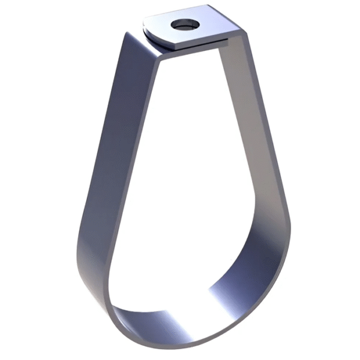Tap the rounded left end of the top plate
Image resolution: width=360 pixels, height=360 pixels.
tap(147, 28)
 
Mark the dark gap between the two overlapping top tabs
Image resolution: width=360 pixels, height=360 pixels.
tap(198, 43)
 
